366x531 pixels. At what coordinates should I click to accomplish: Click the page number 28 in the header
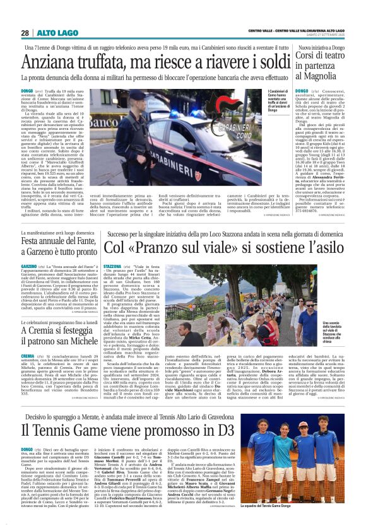point(24,32)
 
